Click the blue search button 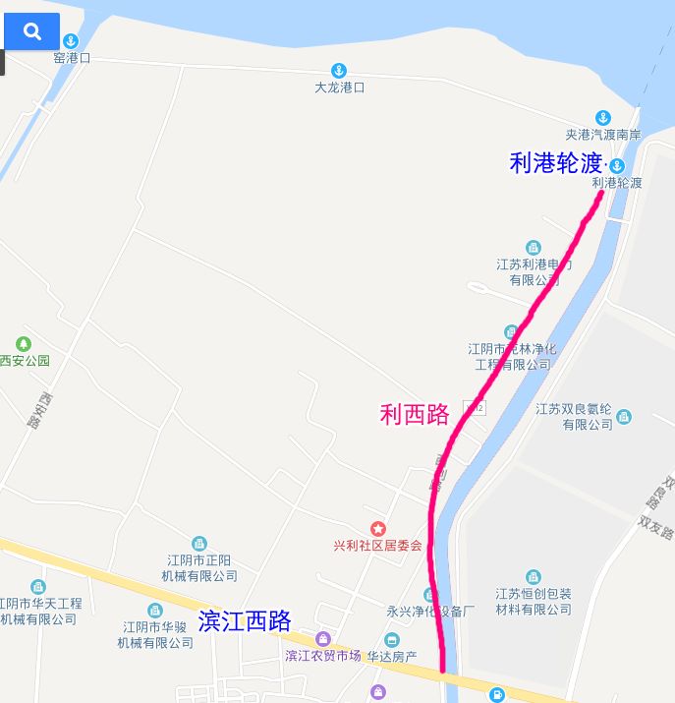[31, 31]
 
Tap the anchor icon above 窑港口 [71, 41]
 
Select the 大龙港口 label [339, 87]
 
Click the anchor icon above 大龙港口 [338, 70]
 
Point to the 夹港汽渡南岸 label [603, 134]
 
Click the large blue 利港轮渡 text [555, 163]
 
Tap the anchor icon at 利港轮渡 [617, 165]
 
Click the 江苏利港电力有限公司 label [534, 272]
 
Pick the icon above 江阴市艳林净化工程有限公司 [511, 332]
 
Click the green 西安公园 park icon [24, 344]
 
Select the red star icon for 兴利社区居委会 [377, 529]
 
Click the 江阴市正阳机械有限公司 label [201, 568]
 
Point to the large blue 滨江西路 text [245, 621]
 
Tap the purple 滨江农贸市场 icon [322, 639]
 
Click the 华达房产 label [391, 656]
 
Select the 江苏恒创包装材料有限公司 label [534, 601]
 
